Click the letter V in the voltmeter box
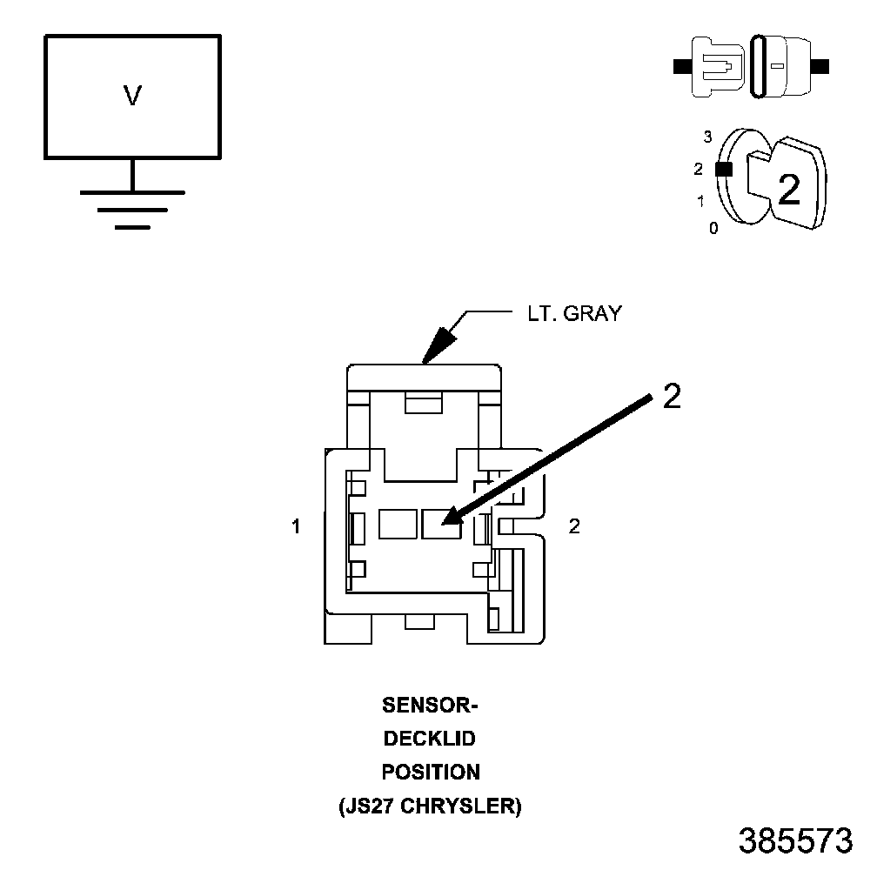coord(132,96)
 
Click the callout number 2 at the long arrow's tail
coord(672,396)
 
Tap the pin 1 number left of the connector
coord(297,526)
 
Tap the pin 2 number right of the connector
coord(574,526)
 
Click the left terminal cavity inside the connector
coord(398,525)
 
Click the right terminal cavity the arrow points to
coord(440,525)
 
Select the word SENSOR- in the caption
coord(431,705)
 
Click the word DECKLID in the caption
coord(431,739)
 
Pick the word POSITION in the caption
coord(431,772)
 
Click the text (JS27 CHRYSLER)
coord(431,806)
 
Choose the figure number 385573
coord(795,841)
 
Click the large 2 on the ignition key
coord(788,190)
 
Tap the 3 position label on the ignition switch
coord(708,137)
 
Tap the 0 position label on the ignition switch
coord(713,228)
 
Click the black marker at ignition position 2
coord(722,170)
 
